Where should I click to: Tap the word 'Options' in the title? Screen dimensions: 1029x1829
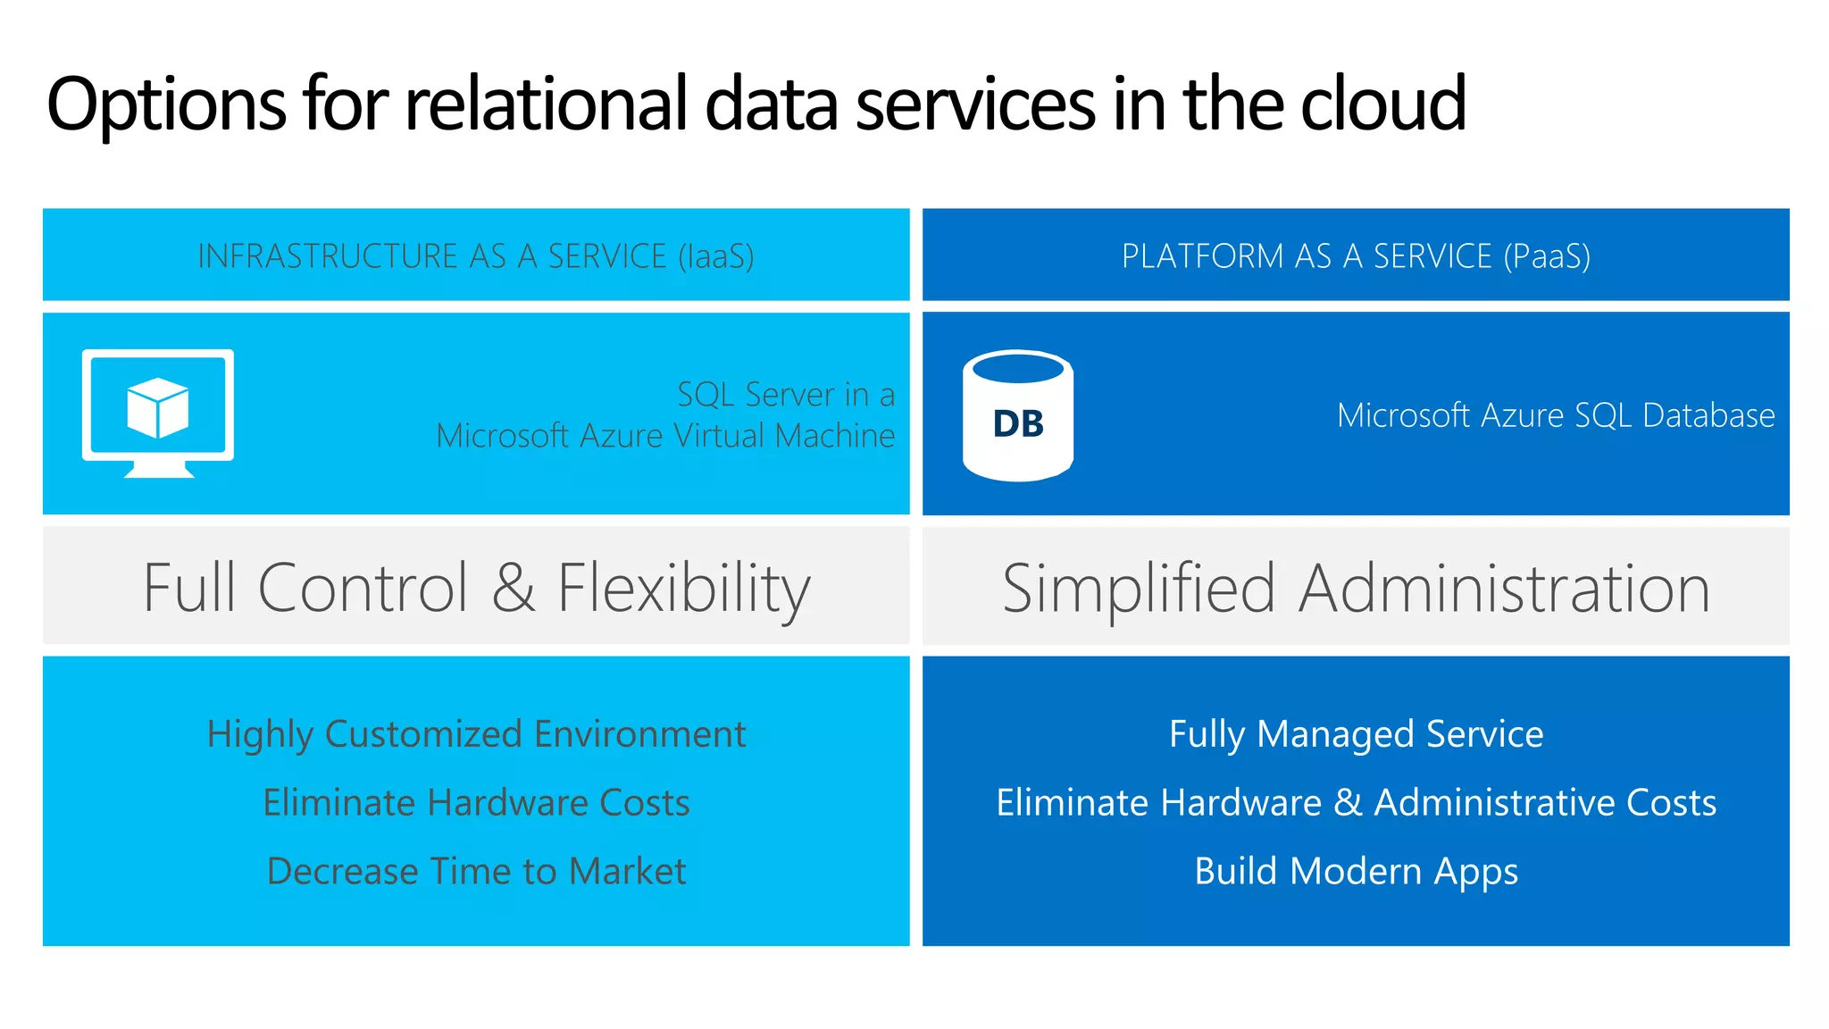click(x=166, y=105)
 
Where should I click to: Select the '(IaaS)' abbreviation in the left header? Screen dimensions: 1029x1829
click(x=715, y=256)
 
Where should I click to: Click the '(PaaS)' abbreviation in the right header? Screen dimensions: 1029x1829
click(x=1546, y=256)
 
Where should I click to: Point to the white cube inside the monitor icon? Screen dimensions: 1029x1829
click(x=158, y=407)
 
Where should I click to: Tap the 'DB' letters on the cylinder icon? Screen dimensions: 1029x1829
click(x=1018, y=424)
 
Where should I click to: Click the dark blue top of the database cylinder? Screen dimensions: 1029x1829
click(x=1018, y=368)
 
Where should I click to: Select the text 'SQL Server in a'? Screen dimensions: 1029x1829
click(x=785, y=394)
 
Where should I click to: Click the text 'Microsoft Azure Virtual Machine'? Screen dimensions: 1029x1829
click(x=665, y=436)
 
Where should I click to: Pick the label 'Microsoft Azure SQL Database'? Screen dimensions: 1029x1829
click(x=1555, y=415)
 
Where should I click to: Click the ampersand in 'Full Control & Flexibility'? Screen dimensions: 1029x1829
click(x=513, y=588)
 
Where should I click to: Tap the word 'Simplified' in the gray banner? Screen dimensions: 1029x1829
click(x=1139, y=590)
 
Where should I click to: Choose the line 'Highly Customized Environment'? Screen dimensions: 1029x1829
click(x=476, y=734)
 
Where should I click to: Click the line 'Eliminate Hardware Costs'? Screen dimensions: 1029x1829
click(x=476, y=802)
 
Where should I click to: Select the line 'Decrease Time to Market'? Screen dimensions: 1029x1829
click(x=476, y=871)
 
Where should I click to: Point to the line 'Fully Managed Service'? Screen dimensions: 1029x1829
click(x=1356, y=734)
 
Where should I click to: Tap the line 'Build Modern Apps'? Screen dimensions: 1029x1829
click(x=1356, y=871)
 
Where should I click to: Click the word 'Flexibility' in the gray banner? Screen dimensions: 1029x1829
click(x=684, y=590)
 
